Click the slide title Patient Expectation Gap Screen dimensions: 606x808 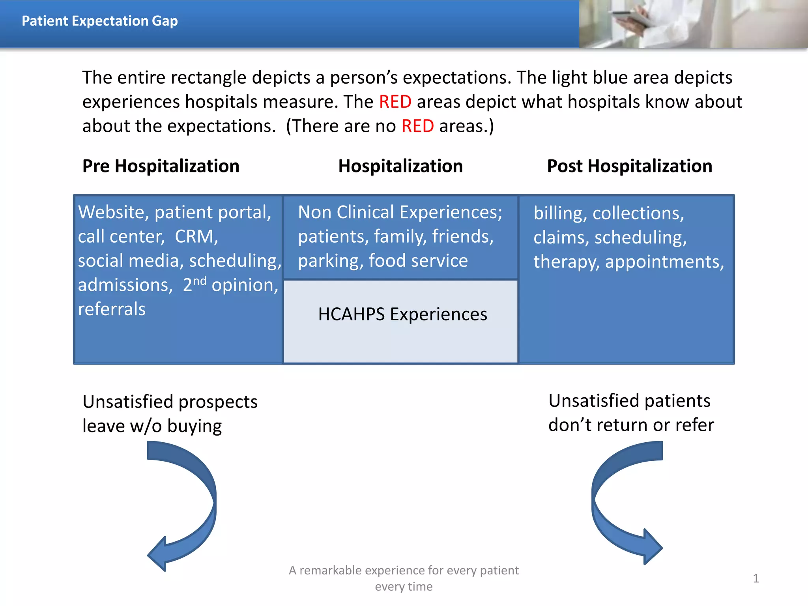pos(99,21)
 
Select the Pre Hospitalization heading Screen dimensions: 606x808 pos(161,166)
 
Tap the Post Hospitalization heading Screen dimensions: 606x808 pos(629,166)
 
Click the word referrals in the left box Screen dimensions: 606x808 pos(112,309)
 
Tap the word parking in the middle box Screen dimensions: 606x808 pos(330,261)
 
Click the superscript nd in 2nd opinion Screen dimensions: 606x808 pos(200,281)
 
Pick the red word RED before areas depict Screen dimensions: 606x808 pos(395,102)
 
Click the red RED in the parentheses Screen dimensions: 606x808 pos(417,126)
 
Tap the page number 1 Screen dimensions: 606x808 pos(756,578)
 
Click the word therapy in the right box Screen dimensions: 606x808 pos(566,262)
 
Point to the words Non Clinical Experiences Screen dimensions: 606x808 pos(400,212)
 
